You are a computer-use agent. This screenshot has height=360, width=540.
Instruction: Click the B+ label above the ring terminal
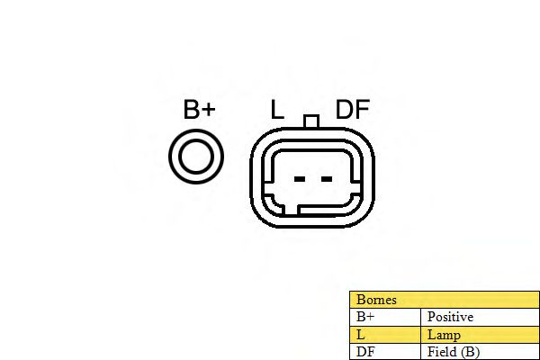pos(199,110)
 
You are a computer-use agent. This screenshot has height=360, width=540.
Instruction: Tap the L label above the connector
pos(277,110)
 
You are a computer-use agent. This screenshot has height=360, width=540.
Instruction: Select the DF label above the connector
pos(353,110)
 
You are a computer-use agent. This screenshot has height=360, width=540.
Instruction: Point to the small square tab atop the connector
pos(312,121)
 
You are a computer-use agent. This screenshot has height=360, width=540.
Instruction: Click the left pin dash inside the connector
pos(300,178)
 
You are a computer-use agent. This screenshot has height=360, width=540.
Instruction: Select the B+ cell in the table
pos(365,317)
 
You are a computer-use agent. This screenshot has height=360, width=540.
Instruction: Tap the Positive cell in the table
pos(450,317)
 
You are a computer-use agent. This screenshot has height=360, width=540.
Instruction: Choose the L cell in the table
pos(361,334)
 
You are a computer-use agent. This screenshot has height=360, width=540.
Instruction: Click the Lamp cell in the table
pos(444,334)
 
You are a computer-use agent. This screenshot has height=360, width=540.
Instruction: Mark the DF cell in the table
pos(364,351)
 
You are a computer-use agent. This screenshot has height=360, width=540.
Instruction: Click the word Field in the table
pos(441,351)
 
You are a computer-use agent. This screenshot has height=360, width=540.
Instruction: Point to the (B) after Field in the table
pos(469,351)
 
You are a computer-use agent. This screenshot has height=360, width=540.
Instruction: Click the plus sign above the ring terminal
pos(208,111)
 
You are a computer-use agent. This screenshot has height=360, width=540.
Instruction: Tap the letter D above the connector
pos(345,110)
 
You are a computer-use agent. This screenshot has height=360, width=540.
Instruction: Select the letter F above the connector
pos(362,110)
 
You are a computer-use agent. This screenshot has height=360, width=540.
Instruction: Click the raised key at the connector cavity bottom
pos(292,211)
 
